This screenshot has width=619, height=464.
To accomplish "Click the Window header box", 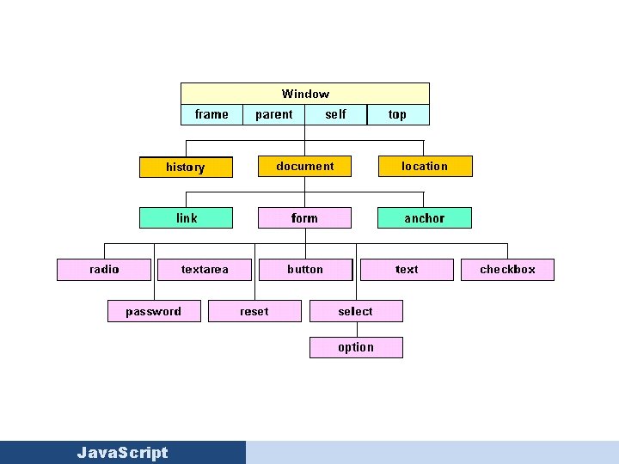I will pos(305,94).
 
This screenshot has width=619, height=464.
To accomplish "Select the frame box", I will pos(211,114).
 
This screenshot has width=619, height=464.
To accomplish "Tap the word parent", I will pos(274,114).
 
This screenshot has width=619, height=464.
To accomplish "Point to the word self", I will pos(336,114).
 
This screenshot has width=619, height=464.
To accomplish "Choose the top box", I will pos(397,114).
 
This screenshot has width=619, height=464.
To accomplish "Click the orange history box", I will pos(186,167).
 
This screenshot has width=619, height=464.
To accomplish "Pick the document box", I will pos(305,166).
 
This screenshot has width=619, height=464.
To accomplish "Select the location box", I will pos(425,166).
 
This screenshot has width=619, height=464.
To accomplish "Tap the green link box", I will pos(187,218).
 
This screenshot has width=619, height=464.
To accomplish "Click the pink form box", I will pos(304,218).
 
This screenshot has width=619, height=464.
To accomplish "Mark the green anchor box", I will pos(425,218).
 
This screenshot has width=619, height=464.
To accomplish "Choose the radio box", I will pos(104,270).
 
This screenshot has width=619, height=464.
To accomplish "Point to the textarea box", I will pos(205,270).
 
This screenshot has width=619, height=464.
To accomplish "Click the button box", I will pos(305,270).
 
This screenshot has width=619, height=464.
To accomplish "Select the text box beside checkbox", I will pos(407,270).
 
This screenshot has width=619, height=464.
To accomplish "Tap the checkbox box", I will pos(507,270).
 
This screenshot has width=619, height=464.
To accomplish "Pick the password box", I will pos(154,311).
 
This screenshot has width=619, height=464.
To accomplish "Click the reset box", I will pos(254,311).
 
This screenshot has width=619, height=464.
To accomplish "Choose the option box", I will pos(356,347).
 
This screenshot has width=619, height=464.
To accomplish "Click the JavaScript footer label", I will pos(122,453).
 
